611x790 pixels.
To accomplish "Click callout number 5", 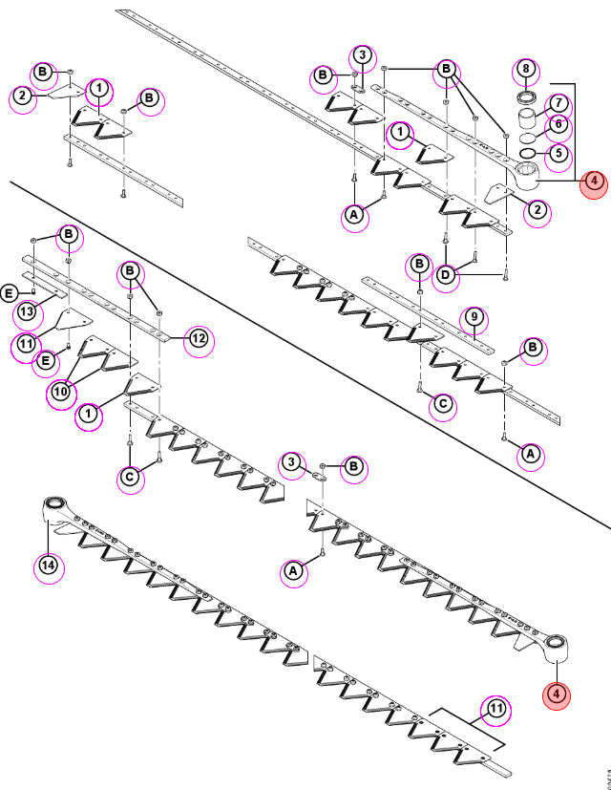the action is click(558, 153).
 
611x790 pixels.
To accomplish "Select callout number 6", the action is click(558, 124).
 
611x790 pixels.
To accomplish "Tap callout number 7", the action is click(558, 103).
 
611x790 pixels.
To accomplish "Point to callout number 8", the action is click(526, 69).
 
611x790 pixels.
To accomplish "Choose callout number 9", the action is click(474, 318).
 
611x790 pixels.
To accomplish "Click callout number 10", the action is click(60, 392).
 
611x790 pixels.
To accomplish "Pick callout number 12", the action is click(199, 338).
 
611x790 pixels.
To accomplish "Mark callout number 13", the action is click(27, 311).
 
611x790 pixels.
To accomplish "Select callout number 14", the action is click(49, 566).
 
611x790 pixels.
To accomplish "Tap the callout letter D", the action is click(445, 276).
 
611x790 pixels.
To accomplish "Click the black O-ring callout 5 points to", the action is click(527, 153).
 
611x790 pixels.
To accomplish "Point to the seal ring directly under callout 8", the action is click(527, 96).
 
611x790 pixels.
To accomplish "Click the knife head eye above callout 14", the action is click(55, 503).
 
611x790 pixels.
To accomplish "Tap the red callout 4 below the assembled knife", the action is click(556, 694).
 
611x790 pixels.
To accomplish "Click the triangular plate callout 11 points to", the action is click(74, 319).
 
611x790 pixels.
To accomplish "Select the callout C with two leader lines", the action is click(131, 477).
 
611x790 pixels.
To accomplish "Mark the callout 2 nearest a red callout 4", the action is click(537, 210).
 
